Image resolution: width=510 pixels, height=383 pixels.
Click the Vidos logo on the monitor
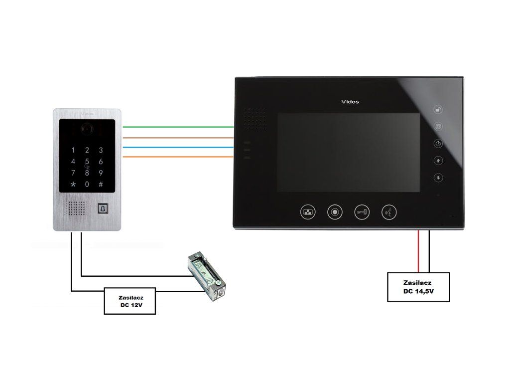(x=350, y=102)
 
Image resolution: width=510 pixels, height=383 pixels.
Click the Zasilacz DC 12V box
(x=129, y=301)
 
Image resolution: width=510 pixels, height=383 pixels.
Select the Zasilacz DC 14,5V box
(x=418, y=287)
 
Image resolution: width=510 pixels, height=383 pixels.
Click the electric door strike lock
(x=206, y=277)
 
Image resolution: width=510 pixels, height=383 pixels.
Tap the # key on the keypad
(x=101, y=185)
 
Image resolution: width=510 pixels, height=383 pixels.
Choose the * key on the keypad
(x=74, y=185)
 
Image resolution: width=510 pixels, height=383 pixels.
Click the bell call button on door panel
(x=103, y=208)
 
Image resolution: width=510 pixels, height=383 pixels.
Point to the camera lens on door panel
(x=87, y=129)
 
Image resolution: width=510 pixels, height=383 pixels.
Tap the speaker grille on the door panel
(x=77, y=208)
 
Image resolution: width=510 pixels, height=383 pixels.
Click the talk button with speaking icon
(x=389, y=212)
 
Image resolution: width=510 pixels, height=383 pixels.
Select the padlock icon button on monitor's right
(x=438, y=110)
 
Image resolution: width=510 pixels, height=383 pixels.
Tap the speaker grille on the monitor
(x=255, y=119)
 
